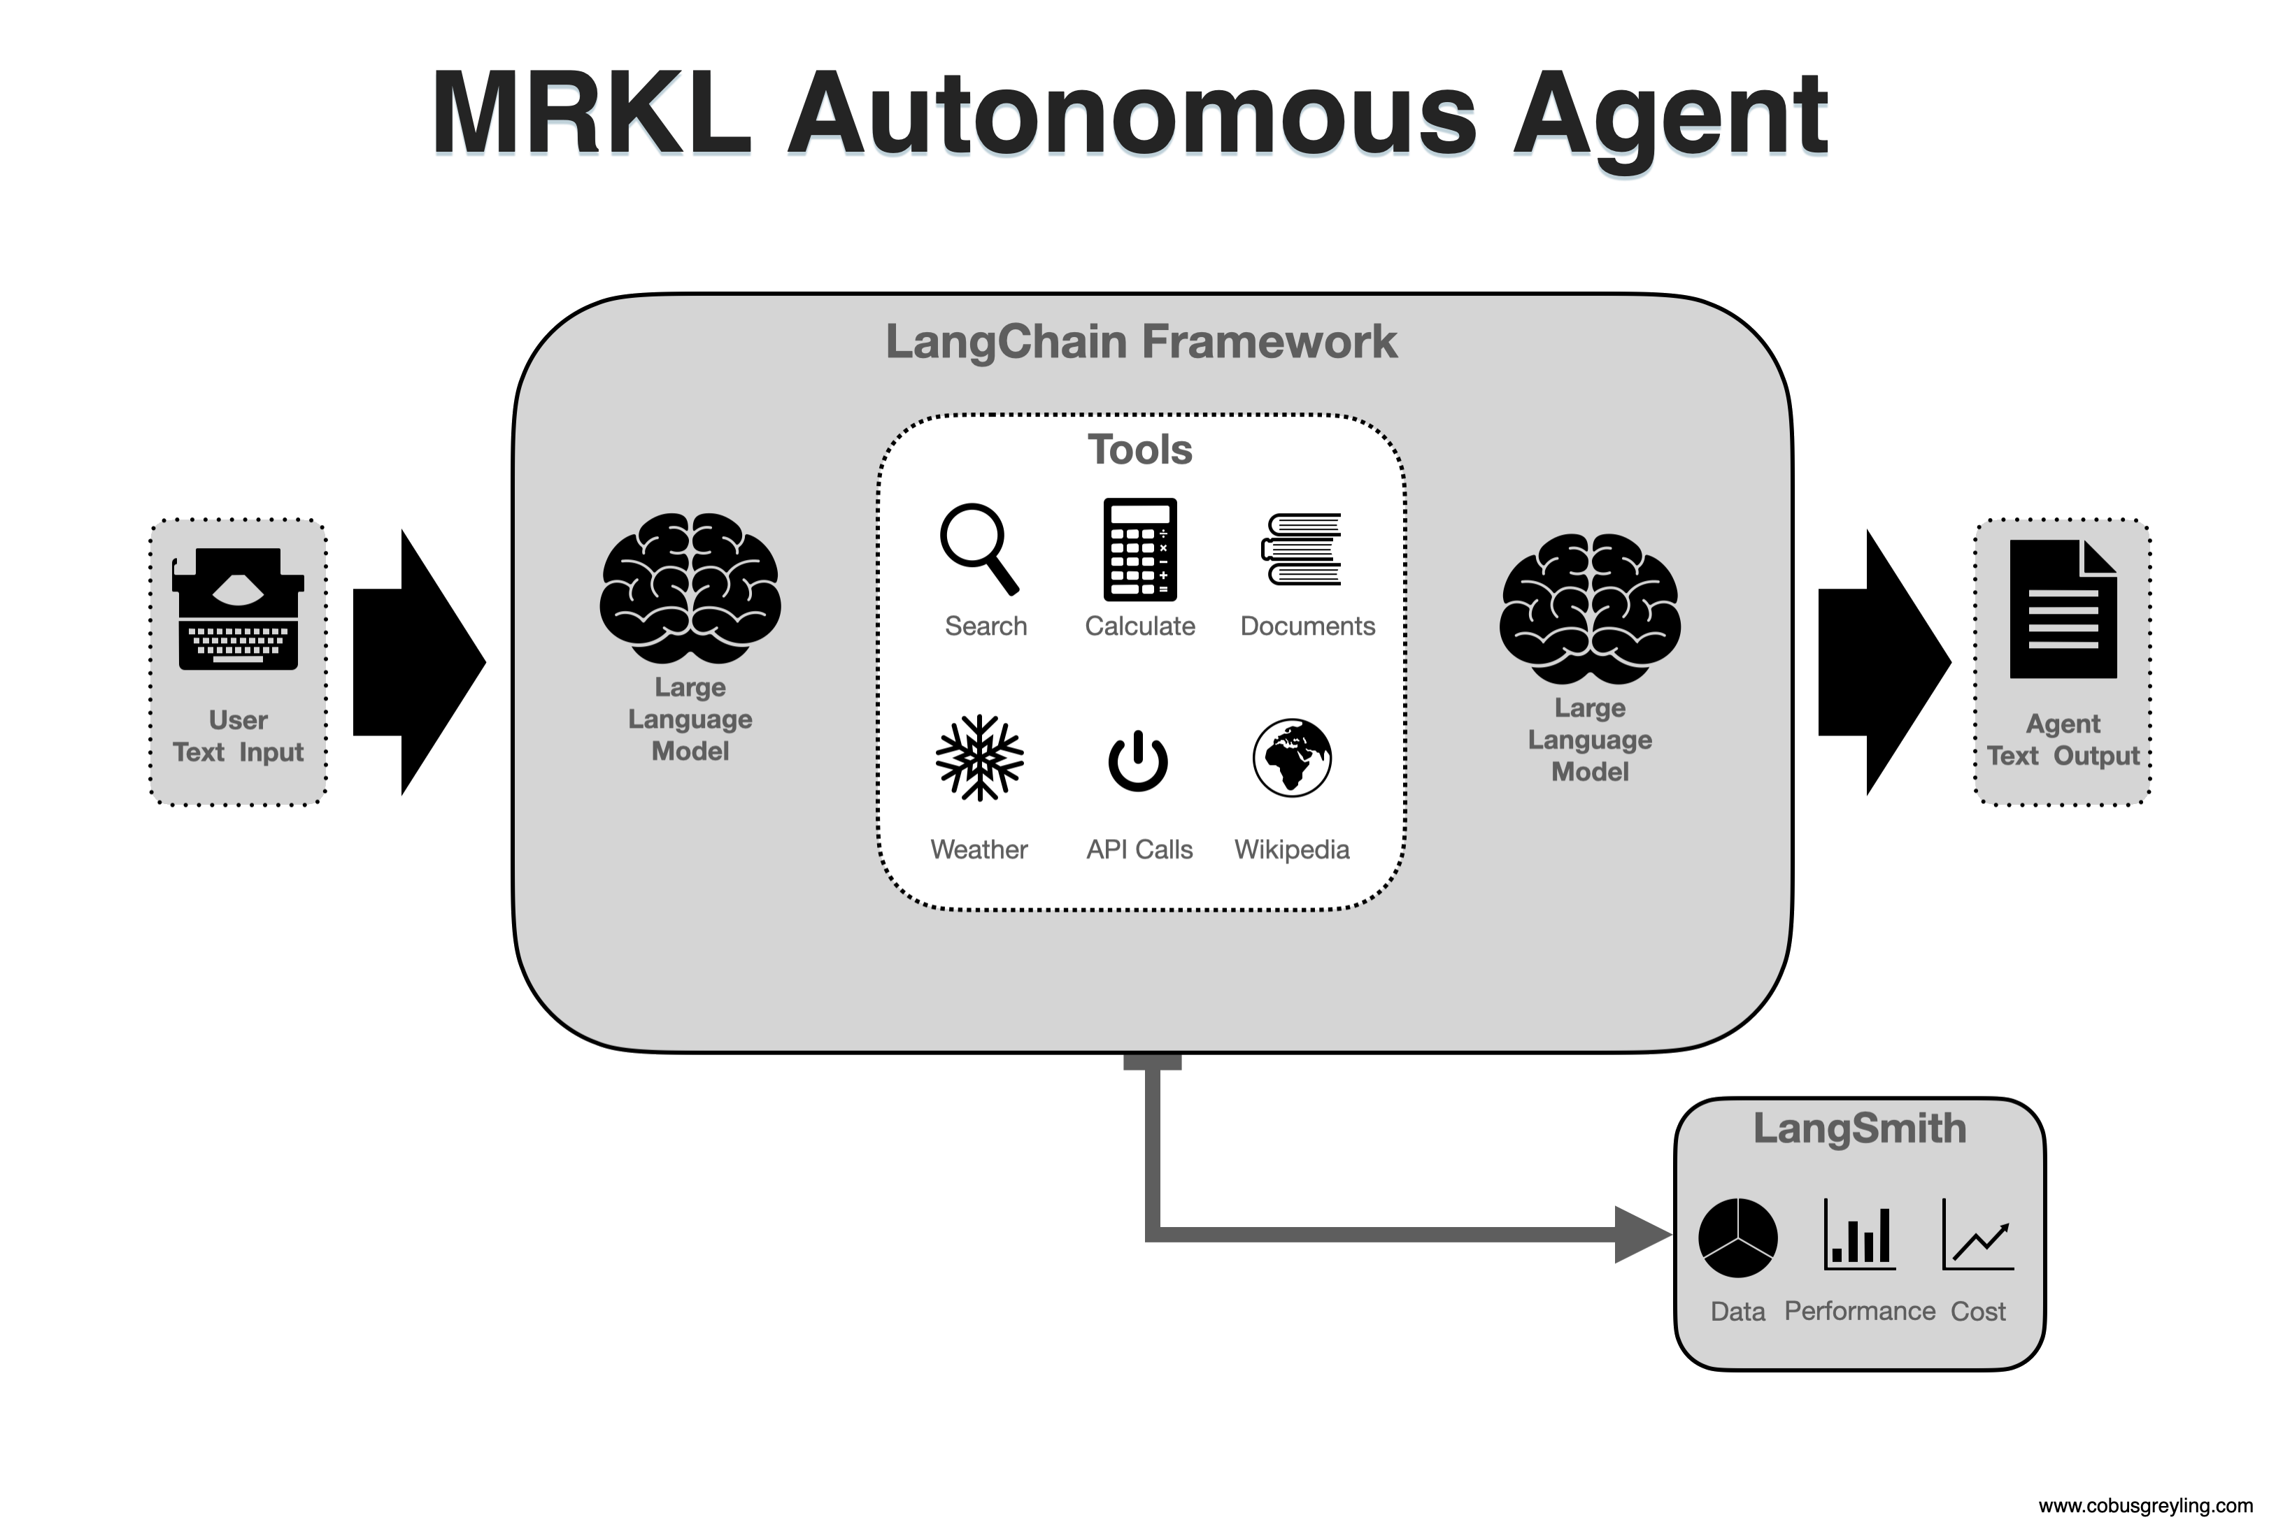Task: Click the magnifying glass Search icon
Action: pos(979,549)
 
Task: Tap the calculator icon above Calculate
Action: pos(1140,549)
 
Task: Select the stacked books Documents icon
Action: pos(1302,549)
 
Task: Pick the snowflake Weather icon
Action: pos(979,758)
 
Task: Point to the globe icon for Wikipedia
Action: pos(1292,758)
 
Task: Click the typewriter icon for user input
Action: pos(238,608)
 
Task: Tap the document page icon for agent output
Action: pos(2063,608)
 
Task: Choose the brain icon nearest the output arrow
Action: pos(1590,608)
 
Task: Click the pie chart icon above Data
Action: pos(1738,1238)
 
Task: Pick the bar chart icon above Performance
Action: pos(1859,1235)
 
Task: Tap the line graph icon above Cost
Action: pos(1977,1235)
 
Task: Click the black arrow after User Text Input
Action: pos(419,662)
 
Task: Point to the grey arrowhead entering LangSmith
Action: pos(1643,1235)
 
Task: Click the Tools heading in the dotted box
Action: pos(1140,450)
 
